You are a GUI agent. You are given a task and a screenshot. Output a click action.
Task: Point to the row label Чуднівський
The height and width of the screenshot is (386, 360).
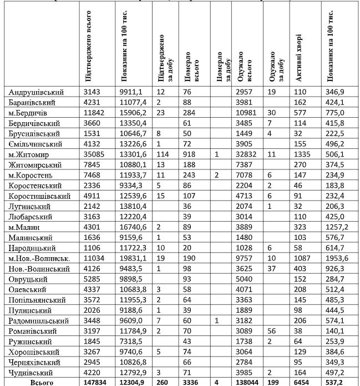coord(32,373)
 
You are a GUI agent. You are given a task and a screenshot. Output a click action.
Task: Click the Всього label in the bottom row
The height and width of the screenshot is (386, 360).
coord(41,383)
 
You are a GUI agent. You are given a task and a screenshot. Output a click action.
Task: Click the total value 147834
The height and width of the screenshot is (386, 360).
coord(96,383)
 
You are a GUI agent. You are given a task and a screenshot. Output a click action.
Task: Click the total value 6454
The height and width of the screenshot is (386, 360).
coord(302,383)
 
